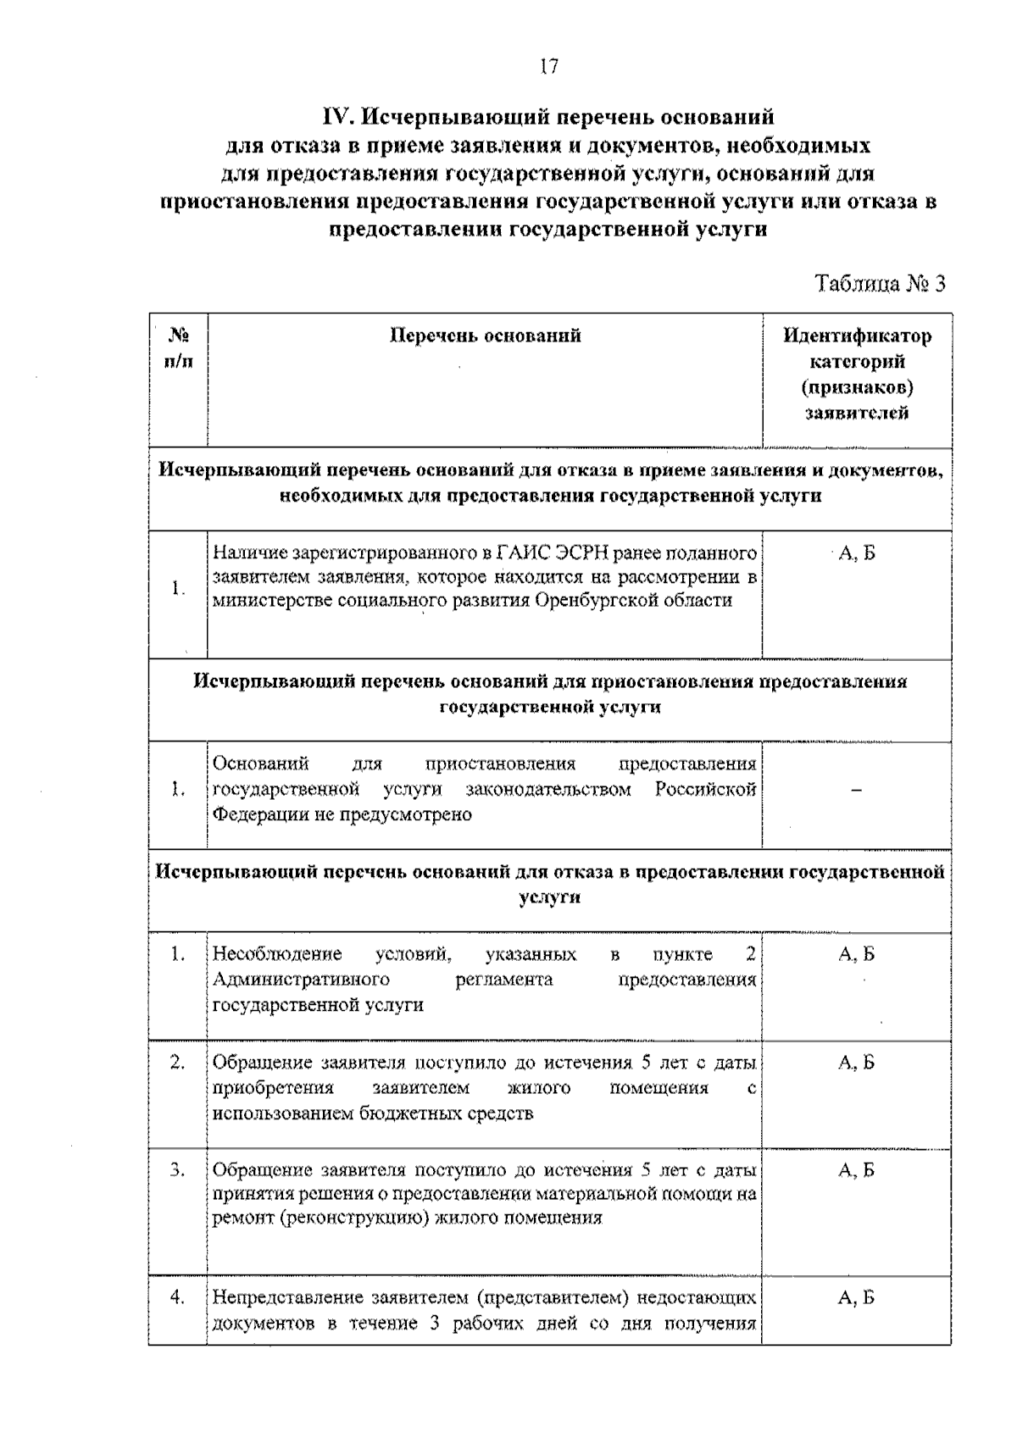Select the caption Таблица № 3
point(879,283)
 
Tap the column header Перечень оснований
point(485,336)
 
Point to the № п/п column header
point(178,347)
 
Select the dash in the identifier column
point(856,791)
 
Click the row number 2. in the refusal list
point(177,1063)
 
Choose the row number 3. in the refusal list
point(177,1171)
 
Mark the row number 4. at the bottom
point(177,1297)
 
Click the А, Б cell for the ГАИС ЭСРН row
point(856,554)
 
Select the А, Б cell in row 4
point(856,1297)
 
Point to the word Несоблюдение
point(277,955)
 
